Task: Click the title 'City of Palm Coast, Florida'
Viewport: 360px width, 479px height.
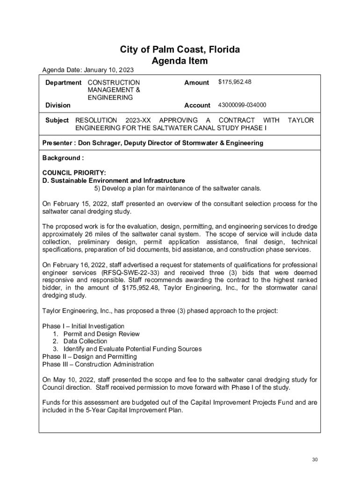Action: [x=180, y=50]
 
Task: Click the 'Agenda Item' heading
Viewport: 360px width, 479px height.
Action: [x=180, y=61]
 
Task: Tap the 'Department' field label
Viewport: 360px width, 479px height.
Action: [x=63, y=82]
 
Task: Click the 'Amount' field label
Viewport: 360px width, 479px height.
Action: [x=196, y=82]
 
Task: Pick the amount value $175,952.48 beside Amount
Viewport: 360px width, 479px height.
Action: [x=235, y=82]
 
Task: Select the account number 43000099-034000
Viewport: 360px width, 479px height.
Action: [x=242, y=105]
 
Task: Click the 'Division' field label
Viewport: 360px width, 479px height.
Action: [x=58, y=105]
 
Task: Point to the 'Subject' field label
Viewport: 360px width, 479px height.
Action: [x=57, y=120]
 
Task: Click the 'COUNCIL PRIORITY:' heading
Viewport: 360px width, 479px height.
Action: [x=74, y=173]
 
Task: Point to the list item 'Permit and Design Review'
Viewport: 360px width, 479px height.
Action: [x=101, y=334]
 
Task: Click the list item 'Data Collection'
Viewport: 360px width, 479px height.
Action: [x=86, y=341]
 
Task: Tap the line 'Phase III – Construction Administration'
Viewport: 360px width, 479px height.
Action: [x=98, y=364]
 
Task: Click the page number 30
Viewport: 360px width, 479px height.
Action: [x=315, y=460]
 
